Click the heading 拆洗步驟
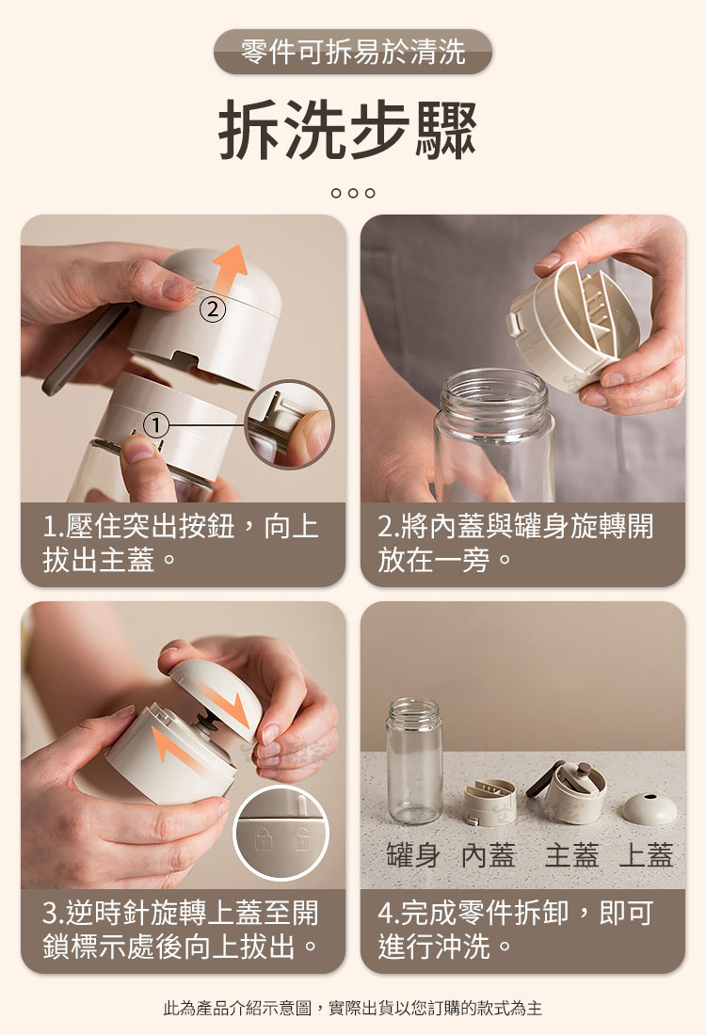347,130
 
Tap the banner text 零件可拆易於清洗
353,52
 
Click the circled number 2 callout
212,309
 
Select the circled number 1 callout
156,425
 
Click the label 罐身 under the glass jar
412,855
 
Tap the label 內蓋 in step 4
488,855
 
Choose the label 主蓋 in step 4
571,855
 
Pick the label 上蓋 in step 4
646,855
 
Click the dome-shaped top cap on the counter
650,808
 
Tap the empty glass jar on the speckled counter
413,759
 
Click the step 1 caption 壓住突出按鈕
138,527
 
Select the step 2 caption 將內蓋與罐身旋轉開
515,527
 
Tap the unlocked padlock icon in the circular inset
302,838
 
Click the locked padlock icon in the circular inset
264,839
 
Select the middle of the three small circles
353,193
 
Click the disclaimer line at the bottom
353,1008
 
